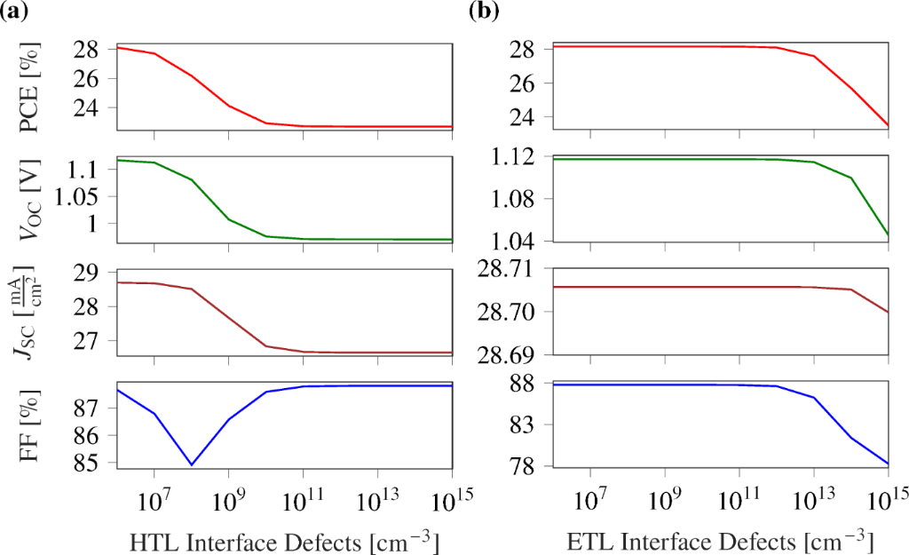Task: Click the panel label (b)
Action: tap(484, 12)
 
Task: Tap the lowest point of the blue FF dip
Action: tap(191, 464)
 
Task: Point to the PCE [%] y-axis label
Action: tap(36, 86)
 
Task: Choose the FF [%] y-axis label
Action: tap(36, 425)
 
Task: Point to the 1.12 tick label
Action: tap(524, 157)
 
